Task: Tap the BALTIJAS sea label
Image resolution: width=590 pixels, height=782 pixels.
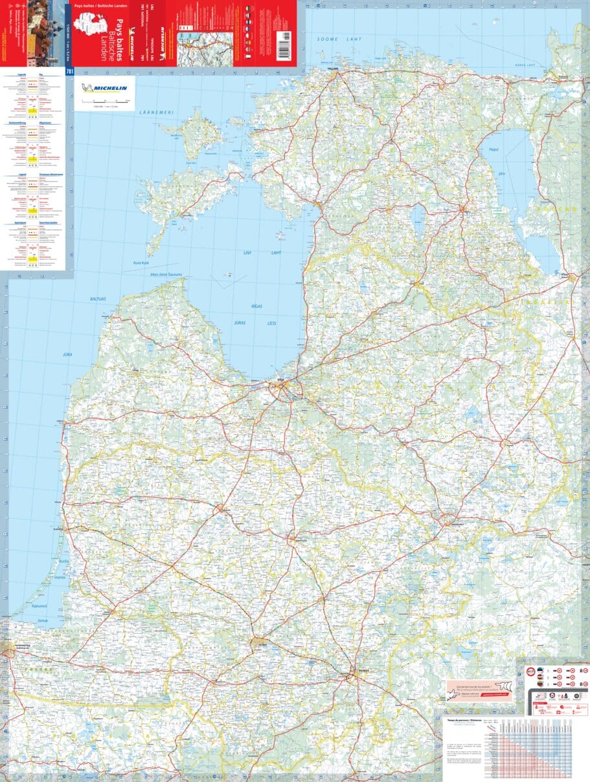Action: pyautogui.click(x=98, y=299)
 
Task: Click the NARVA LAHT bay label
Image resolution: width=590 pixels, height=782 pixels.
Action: pyautogui.click(x=529, y=65)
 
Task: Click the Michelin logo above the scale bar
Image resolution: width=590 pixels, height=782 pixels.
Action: pyautogui.click(x=104, y=89)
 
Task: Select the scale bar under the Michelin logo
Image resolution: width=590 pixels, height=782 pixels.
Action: pyautogui.click(x=104, y=102)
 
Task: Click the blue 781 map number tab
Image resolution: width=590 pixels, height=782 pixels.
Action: pyautogui.click(x=69, y=72)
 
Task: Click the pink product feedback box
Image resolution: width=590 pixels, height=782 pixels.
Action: pyautogui.click(x=479, y=690)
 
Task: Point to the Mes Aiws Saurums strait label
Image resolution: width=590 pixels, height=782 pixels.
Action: pyautogui.click(x=166, y=275)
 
